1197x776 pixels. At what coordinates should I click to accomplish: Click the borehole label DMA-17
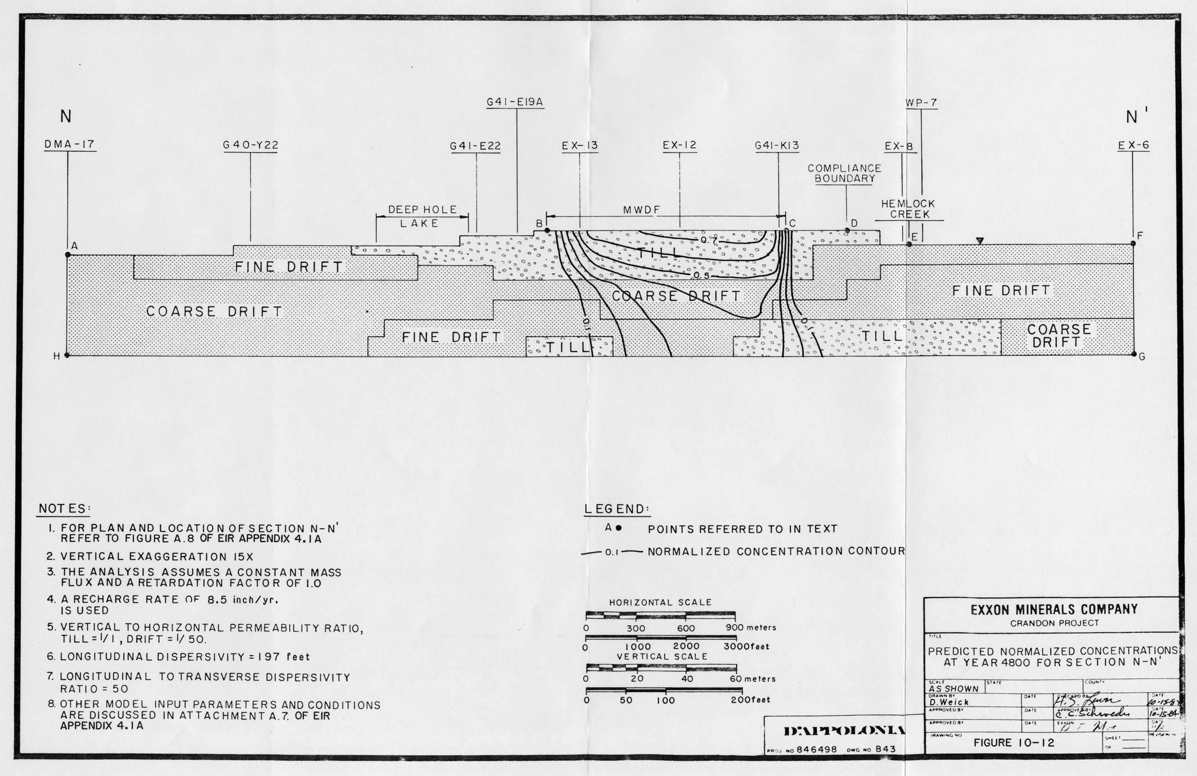pos(70,145)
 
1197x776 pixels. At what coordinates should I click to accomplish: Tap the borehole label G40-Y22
pos(250,145)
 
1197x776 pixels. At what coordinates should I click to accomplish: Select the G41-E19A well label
pos(516,102)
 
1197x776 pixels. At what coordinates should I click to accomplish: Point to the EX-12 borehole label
pos(679,145)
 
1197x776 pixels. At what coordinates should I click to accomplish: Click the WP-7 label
pos(921,103)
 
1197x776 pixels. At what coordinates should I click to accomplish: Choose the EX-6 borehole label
pos(1133,145)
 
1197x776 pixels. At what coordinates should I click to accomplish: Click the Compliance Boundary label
pos(844,173)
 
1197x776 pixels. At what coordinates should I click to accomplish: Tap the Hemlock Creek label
pos(908,209)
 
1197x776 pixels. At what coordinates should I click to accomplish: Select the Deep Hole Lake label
pos(421,216)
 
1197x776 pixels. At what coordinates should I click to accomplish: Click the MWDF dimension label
pos(641,210)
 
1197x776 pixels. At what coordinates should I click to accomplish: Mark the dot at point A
pos(68,255)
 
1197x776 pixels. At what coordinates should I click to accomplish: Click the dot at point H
pos(67,355)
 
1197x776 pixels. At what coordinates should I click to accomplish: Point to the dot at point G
pos(1133,354)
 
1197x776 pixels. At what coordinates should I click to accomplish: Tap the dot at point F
pos(1133,243)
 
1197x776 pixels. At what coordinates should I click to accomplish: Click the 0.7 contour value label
pos(708,240)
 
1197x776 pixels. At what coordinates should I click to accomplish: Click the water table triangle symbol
pos(979,241)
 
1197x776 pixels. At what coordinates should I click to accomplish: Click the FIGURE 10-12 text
pos(1014,742)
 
